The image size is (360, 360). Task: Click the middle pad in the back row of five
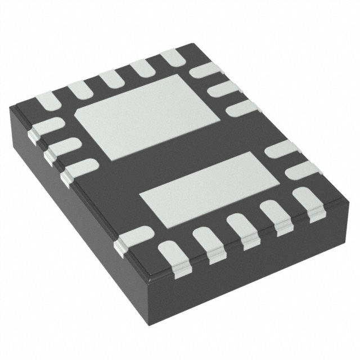pos(110,78)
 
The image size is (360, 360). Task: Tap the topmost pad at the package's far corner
pos(173,57)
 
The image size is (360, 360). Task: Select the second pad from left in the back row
pos(79,90)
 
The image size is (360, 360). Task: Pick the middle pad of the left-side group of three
pos(61,148)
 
